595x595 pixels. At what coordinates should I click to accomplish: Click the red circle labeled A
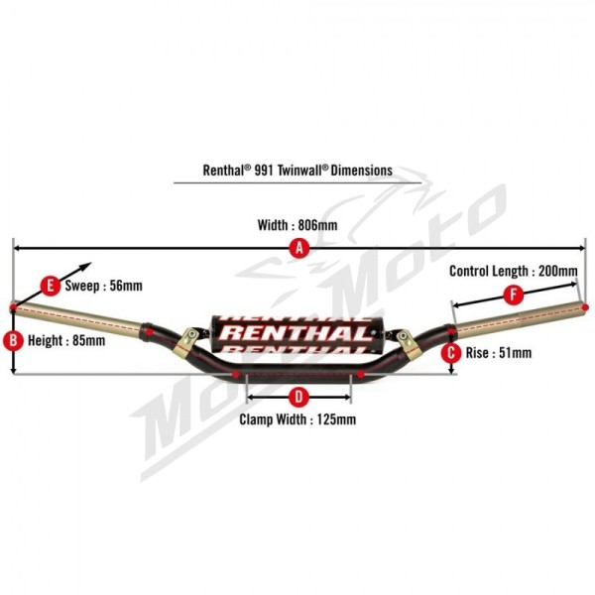coord(299,249)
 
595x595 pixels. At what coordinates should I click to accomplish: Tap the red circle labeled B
coord(13,340)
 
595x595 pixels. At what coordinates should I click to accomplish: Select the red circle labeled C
coord(451,353)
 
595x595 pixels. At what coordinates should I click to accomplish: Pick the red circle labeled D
coord(298,397)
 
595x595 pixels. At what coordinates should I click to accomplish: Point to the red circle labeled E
coord(51,286)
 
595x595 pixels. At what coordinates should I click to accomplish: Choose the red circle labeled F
coord(514,295)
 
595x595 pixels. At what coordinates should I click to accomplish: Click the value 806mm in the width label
coord(317,225)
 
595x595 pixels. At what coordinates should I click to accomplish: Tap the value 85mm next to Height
coord(88,340)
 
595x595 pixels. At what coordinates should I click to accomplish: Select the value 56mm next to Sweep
coord(126,286)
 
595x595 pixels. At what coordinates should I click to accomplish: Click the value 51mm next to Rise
coord(515,353)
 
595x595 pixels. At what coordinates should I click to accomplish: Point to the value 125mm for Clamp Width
coord(336,419)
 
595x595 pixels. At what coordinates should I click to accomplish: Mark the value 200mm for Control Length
coord(558,271)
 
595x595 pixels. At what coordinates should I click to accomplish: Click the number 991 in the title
coord(264,170)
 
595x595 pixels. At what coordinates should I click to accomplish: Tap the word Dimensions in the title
coord(362,170)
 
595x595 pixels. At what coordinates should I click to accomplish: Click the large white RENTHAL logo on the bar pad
coord(295,333)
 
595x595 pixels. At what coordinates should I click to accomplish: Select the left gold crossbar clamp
coord(186,342)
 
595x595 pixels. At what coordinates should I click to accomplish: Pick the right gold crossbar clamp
coord(409,344)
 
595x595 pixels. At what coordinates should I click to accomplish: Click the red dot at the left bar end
coord(13,306)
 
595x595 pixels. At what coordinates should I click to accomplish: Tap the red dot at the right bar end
coord(585,306)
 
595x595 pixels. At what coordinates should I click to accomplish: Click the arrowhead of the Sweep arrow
coord(87,265)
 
